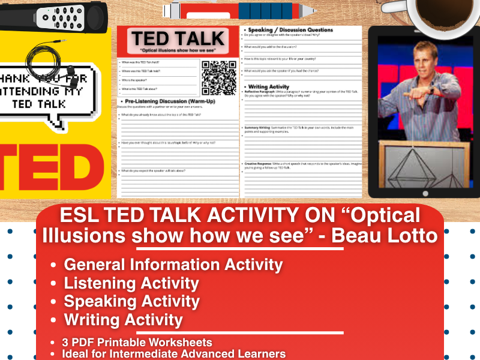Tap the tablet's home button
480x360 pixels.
pos(425,193)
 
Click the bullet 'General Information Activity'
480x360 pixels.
pos(173,264)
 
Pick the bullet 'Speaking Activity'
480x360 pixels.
pos(131,301)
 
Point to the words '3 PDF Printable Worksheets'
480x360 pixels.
pos(137,343)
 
